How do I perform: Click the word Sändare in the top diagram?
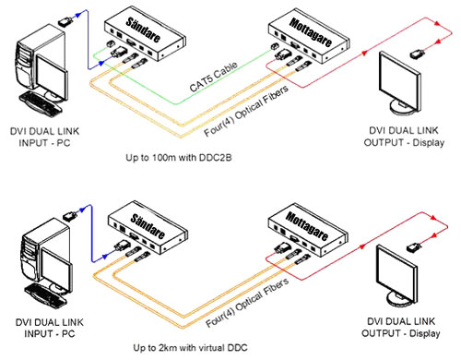point(143,30)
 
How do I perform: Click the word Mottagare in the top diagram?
point(311,32)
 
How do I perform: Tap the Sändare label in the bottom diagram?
point(148,226)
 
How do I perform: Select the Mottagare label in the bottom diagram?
point(307,226)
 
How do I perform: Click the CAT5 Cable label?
point(213,77)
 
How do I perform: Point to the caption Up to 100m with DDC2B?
point(179,158)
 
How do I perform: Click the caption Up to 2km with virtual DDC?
point(190,348)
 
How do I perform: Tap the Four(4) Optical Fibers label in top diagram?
point(246,111)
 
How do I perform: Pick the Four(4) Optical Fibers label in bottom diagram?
point(247,303)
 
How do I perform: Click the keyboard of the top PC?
point(40,104)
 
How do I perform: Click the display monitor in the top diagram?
point(399,83)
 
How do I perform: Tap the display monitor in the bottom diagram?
point(396,276)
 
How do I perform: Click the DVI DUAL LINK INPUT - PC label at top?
point(44,137)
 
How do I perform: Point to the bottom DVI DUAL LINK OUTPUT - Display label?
point(401,328)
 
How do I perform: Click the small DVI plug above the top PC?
point(65,21)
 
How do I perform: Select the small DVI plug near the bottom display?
point(414,247)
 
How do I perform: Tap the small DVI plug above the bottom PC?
point(70,215)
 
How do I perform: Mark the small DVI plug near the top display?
point(418,54)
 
